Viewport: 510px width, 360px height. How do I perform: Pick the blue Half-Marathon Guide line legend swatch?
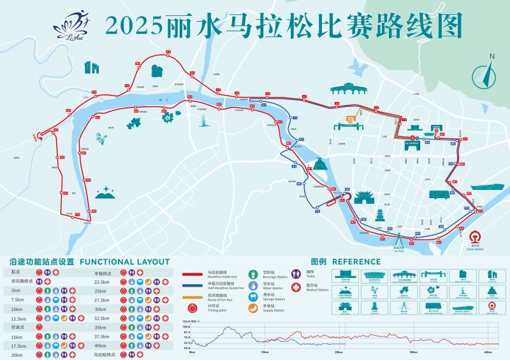pyautogui.click(x=194, y=286)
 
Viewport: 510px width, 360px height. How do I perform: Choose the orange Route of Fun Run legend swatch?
pyautogui.click(x=194, y=298)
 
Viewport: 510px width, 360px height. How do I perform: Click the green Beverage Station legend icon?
pyautogui.click(x=252, y=275)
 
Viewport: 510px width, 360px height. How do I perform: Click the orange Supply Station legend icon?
pyautogui.click(x=252, y=308)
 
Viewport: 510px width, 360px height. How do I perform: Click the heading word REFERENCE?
pyautogui.click(x=356, y=261)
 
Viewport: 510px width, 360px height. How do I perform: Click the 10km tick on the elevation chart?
pyautogui.click(x=264, y=352)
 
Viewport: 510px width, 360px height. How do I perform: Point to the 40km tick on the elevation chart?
pyautogui.click(x=487, y=352)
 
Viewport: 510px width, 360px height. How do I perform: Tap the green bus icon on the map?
pyautogui.click(x=439, y=194)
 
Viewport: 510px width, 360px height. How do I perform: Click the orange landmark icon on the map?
pyautogui.click(x=351, y=117)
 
